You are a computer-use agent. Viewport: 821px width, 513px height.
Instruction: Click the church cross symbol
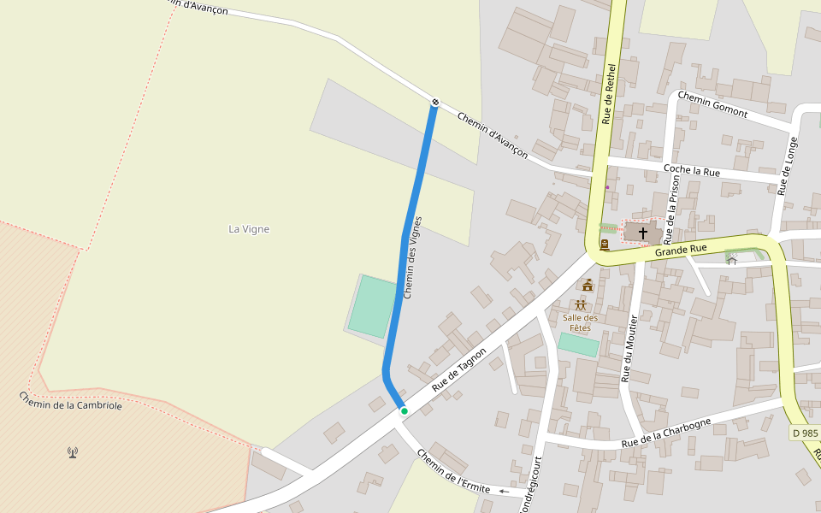(642, 233)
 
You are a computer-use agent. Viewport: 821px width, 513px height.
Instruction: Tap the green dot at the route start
(404, 411)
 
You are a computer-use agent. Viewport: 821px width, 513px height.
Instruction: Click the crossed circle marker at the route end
(435, 103)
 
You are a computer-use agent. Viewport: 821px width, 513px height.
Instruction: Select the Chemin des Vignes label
(413, 257)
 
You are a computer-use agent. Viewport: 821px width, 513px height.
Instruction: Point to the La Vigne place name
(249, 228)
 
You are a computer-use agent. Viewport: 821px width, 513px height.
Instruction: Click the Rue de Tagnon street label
(459, 369)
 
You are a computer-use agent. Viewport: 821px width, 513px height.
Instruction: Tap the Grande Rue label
(681, 250)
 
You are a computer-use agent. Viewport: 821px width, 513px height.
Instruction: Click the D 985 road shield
(805, 433)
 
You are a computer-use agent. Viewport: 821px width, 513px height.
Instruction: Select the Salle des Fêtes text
(581, 322)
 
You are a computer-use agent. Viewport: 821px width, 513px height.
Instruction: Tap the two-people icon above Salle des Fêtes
(581, 305)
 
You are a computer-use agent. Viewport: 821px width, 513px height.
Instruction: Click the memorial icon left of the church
(605, 245)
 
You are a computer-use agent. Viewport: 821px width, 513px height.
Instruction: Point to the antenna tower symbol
(73, 451)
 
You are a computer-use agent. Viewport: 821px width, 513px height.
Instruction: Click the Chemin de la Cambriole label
(71, 400)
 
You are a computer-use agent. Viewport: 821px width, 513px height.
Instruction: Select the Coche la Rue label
(692, 171)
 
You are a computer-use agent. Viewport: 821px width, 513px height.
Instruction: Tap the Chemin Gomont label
(712, 105)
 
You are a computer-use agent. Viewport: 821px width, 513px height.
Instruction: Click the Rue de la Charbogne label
(666, 433)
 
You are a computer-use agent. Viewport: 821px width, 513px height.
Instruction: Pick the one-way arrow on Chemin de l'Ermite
(504, 492)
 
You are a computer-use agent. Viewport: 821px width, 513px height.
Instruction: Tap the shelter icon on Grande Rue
(732, 259)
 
